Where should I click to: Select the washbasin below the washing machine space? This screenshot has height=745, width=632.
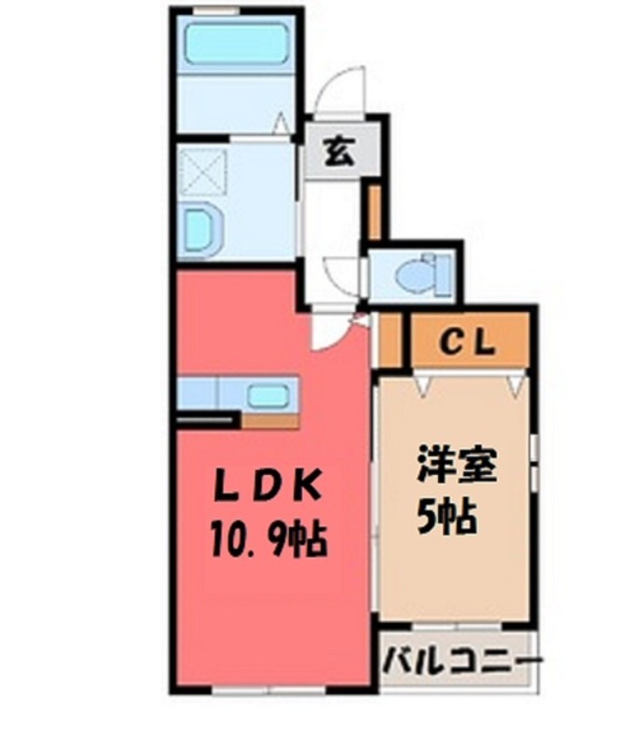point(199,229)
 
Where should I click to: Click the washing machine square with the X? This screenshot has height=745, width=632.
point(202,173)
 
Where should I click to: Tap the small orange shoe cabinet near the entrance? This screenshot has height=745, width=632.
point(373,213)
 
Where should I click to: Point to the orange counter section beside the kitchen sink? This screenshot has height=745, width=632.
point(270,420)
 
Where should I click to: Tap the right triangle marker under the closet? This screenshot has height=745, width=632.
point(514,382)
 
